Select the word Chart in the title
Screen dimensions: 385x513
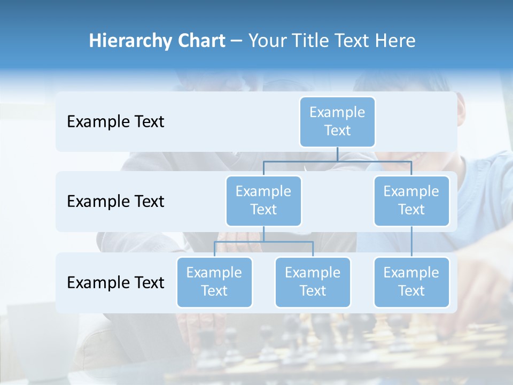[198, 41]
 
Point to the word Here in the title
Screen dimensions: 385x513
[394, 41]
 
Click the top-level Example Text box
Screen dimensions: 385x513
[337, 122]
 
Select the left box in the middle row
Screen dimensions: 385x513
[263, 201]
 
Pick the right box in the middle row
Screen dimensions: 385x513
[411, 201]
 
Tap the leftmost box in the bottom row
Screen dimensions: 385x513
[214, 282]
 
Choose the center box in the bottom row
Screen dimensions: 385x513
[313, 282]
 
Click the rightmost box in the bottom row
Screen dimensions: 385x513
[411, 282]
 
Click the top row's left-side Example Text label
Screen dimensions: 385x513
[115, 122]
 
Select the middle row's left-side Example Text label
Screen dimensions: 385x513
[115, 202]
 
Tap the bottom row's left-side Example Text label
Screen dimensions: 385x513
[115, 282]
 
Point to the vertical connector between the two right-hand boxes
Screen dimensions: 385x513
[411, 242]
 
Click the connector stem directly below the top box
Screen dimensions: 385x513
[337, 154]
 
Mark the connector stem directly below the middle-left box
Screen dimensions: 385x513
[263, 234]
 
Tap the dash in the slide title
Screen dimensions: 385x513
[236, 41]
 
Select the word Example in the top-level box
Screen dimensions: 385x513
[337, 112]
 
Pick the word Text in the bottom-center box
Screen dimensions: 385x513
[313, 291]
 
